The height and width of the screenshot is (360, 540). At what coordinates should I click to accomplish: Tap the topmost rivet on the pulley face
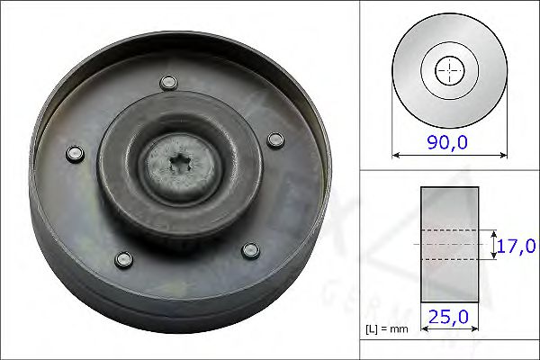166,84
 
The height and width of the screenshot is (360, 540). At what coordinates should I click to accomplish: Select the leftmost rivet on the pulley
75,153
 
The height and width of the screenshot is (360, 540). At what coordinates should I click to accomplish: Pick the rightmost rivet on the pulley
275,139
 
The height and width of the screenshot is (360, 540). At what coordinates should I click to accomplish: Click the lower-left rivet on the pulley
121,260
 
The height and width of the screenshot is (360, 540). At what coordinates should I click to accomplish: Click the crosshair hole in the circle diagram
449,70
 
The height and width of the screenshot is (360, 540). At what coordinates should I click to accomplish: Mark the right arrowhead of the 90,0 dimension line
503,155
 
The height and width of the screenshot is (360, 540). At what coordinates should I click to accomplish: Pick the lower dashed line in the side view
449,260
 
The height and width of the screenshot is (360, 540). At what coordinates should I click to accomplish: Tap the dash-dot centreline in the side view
449,244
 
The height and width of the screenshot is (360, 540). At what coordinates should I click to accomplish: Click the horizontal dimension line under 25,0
449,331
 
